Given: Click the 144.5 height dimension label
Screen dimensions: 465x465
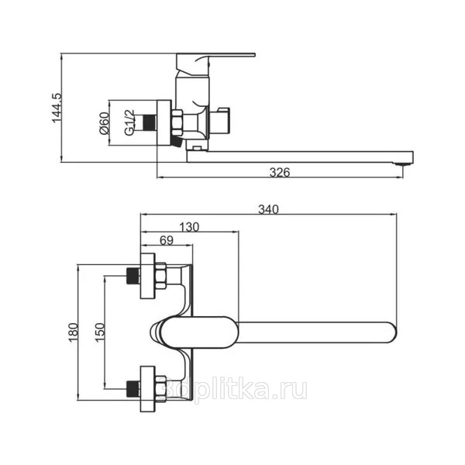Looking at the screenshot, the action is coord(57,108).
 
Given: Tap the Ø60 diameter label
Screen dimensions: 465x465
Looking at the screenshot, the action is coord(105,123).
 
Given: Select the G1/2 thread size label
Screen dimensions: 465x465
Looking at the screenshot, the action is coord(129,122).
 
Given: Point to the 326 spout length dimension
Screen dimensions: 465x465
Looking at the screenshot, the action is coord(280,172).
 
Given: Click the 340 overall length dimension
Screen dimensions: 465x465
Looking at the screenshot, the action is coord(268,209).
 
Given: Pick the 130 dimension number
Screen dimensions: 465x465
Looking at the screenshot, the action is coord(189,227).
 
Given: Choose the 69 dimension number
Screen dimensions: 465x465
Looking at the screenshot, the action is coord(167,240).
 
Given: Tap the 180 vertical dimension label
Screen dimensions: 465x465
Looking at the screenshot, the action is coord(74,332).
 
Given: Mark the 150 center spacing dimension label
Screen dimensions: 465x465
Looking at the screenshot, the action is coord(100,332).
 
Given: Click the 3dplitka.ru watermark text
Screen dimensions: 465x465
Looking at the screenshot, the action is coord(236,389).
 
